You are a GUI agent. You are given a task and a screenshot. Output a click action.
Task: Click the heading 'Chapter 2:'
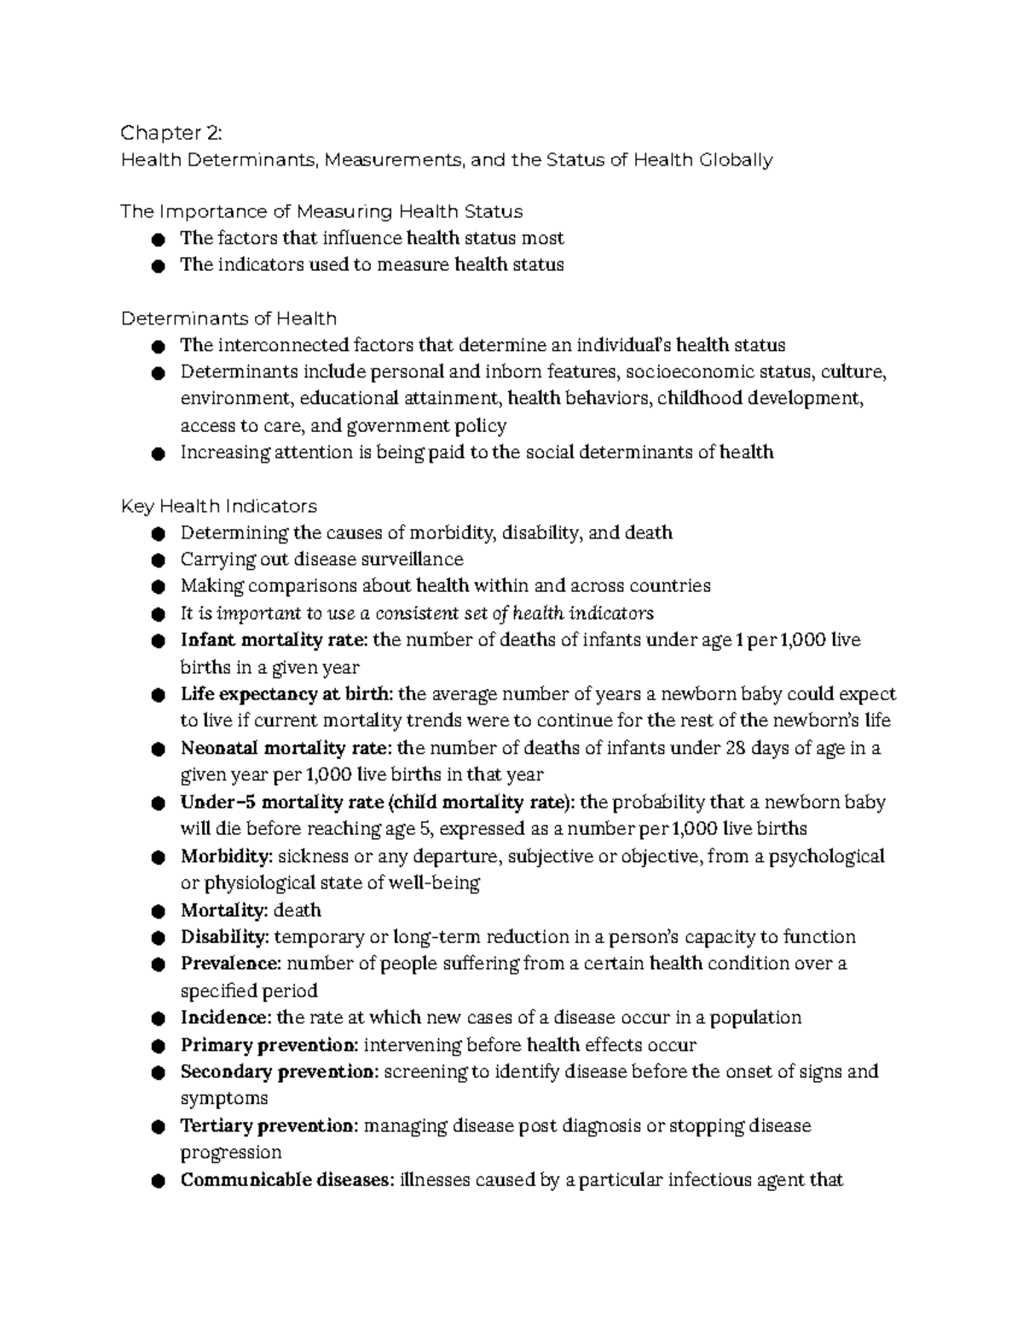click(x=171, y=133)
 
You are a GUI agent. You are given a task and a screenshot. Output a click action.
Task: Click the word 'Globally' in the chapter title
click(x=736, y=160)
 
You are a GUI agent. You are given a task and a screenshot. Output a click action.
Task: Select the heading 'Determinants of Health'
click(x=228, y=319)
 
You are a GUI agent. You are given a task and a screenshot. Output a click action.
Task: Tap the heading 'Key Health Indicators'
click(x=219, y=506)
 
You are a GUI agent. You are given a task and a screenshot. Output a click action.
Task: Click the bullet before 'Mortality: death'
click(x=157, y=912)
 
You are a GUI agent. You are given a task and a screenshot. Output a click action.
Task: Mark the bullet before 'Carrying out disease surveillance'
click(x=157, y=561)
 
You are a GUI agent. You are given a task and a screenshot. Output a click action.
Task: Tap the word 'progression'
click(x=231, y=1153)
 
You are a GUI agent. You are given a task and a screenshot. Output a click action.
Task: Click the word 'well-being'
click(x=434, y=883)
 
